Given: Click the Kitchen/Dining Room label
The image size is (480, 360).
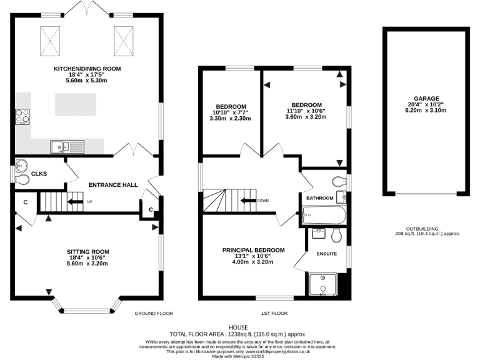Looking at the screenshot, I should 87,68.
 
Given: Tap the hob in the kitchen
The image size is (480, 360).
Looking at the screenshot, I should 22,117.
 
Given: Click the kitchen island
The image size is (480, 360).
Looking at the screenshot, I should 76,103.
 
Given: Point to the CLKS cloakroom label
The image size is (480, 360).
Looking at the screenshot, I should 39,173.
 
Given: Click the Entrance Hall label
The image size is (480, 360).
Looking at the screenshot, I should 112,185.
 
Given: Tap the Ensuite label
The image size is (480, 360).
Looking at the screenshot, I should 326,254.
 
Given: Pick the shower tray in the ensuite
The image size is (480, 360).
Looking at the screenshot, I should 323,284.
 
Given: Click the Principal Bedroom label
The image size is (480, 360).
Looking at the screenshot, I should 253,250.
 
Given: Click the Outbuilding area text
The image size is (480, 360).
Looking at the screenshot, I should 427,233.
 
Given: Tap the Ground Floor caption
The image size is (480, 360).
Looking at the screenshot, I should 154,313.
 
